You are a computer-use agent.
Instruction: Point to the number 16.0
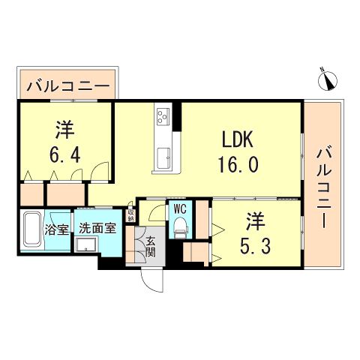coord(238,164)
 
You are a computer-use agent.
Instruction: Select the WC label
coord(180,209)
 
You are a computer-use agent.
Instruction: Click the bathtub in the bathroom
coord(32,231)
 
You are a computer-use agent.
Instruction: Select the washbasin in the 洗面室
coord(87,247)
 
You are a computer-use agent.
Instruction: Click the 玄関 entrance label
coord(150,246)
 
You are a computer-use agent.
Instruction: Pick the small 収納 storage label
coord(130,215)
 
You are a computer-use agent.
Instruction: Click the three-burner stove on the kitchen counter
coord(163,117)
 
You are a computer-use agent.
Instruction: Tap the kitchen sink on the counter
coord(163,156)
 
